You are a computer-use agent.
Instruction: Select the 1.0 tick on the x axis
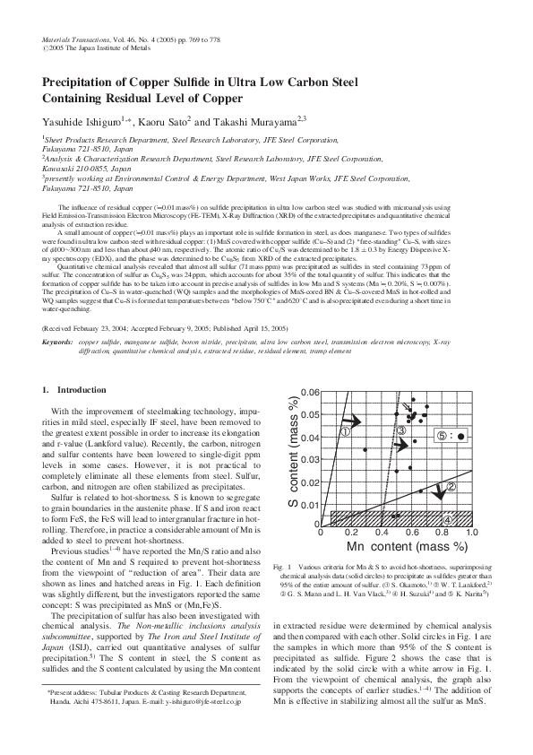click(x=472, y=533)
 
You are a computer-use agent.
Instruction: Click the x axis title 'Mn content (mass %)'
click(x=395, y=545)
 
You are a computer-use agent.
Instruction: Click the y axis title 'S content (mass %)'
click(x=293, y=457)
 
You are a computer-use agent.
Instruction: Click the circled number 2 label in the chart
click(x=451, y=487)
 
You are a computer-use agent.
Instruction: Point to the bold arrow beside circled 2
click(x=438, y=489)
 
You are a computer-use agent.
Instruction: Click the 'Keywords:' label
click(x=57, y=343)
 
